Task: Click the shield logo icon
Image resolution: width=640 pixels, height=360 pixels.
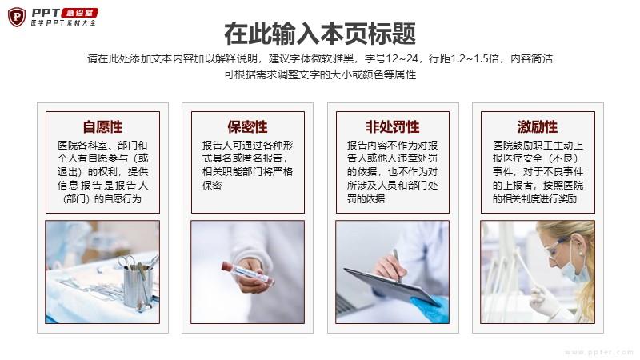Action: (x=17, y=17)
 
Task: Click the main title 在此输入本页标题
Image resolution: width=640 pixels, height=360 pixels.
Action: (x=320, y=34)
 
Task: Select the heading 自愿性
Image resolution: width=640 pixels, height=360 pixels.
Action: (x=102, y=127)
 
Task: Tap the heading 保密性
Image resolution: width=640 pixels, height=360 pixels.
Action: (x=248, y=127)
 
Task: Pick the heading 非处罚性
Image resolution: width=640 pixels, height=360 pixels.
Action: (x=392, y=127)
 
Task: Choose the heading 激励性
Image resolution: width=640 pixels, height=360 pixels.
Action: (x=538, y=127)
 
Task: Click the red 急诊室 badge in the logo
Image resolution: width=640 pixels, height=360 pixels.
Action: (x=79, y=13)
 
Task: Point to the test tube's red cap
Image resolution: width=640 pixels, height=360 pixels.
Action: (x=227, y=267)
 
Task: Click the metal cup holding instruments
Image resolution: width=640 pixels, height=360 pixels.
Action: (x=137, y=286)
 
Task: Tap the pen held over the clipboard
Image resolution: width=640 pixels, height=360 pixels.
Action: (x=396, y=265)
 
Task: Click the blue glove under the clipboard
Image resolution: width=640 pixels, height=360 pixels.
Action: (x=430, y=309)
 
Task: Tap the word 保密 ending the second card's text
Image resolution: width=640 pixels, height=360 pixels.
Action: (x=212, y=186)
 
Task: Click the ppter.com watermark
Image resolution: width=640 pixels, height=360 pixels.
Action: (x=599, y=352)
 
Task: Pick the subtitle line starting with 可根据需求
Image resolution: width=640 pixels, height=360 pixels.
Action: (x=320, y=74)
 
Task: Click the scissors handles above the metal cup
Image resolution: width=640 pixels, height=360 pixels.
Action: (x=128, y=261)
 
